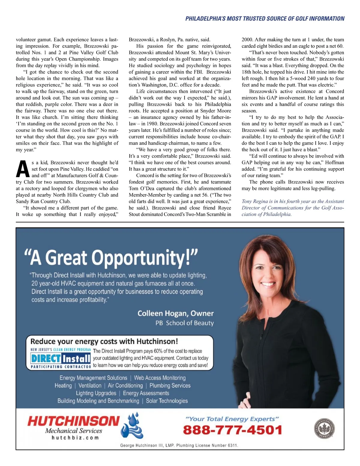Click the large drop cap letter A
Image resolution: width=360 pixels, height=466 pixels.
click(23, 169)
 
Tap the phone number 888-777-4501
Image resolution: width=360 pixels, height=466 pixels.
click(232, 430)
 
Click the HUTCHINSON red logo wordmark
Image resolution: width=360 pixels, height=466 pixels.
click(73, 421)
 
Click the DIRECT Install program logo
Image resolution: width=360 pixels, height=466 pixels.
click(61, 358)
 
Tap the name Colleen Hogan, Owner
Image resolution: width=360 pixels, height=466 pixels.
click(175, 314)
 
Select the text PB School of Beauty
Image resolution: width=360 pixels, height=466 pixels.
click(184, 323)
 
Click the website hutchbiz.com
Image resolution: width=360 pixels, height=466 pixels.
click(75, 438)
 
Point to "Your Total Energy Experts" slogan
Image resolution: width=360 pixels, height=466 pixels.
click(232, 419)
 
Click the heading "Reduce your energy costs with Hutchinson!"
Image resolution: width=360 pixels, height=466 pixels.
click(104, 341)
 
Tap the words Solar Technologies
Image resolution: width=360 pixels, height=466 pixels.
click(167, 401)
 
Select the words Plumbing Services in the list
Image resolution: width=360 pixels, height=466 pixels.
click(170, 386)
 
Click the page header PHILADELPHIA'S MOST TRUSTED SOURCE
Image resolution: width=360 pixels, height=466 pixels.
click(265, 19)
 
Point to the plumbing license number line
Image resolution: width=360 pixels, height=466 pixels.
click(179, 445)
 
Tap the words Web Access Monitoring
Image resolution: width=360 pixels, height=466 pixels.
click(160, 378)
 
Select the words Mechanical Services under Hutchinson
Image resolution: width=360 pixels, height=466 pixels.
click(73, 431)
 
